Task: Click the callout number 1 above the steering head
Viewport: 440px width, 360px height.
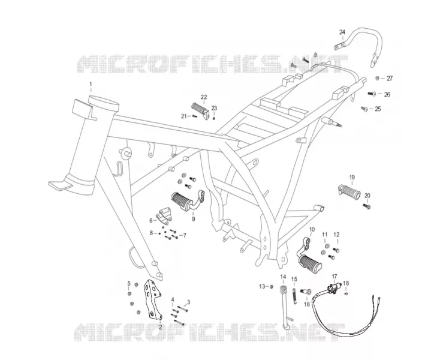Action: [x=91, y=84]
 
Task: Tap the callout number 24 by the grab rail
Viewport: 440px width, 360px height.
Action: [x=342, y=32]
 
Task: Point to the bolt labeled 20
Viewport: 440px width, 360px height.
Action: [x=367, y=206]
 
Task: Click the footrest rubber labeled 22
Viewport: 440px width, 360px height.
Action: [x=200, y=110]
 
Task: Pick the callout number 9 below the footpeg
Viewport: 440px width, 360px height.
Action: [x=194, y=219]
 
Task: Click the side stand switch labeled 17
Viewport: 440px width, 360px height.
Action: [x=334, y=289]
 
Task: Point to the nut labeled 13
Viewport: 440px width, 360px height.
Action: [x=272, y=286]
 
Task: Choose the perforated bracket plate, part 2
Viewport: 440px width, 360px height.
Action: [x=153, y=299]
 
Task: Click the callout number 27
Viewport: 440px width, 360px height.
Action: [x=390, y=79]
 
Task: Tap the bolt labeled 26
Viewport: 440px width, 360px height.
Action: [x=372, y=94]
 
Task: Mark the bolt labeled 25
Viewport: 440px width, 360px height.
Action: [x=364, y=109]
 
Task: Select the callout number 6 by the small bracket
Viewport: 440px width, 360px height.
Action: [x=151, y=221]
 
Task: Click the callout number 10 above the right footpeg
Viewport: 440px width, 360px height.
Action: [x=312, y=230]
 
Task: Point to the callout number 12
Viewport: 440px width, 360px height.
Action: [x=336, y=235]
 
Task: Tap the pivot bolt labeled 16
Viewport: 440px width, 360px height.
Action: [x=305, y=292]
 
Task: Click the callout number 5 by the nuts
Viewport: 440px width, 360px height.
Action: [x=129, y=283]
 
